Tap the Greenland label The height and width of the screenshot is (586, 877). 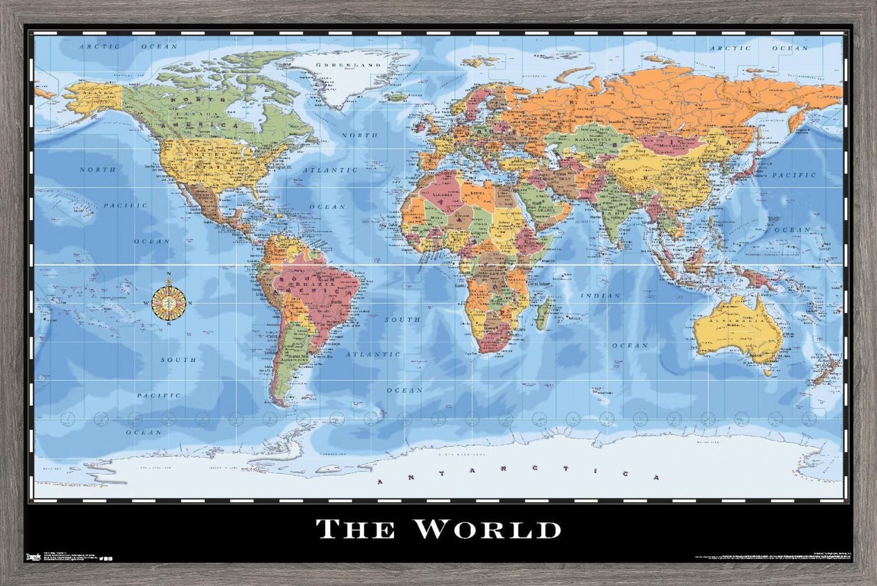(x=348, y=65)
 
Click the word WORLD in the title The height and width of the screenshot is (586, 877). (x=488, y=529)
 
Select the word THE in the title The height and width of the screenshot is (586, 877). (x=355, y=529)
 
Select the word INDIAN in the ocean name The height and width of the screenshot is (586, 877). (x=600, y=296)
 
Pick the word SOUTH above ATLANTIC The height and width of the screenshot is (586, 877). (x=402, y=320)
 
